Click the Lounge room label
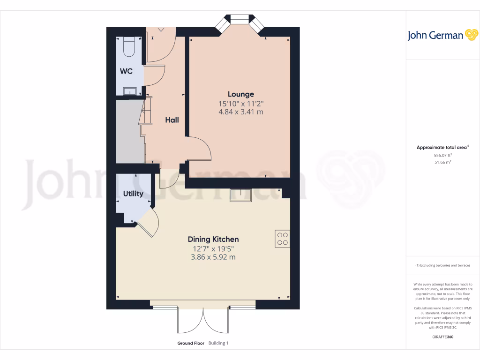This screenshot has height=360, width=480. (x=241, y=94)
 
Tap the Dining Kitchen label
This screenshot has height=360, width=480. (x=213, y=240)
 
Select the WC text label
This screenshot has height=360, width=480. (x=126, y=72)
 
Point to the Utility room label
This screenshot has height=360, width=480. (x=133, y=194)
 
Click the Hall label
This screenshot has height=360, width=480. (x=172, y=120)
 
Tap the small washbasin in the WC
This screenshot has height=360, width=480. (x=129, y=90)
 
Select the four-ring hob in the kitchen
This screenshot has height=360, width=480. (x=282, y=239)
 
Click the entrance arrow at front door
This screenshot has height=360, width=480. (x=161, y=29)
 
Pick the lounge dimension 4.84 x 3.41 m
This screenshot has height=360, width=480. (x=241, y=112)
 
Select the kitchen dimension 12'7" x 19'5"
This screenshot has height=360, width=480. (x=213, y=248)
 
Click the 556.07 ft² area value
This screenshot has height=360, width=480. (x=442, y=155)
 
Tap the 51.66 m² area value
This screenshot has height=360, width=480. (x=442, y=162)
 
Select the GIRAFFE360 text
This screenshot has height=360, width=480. (x=442, y=337)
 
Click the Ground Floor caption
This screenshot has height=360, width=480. (x=190, y=343)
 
